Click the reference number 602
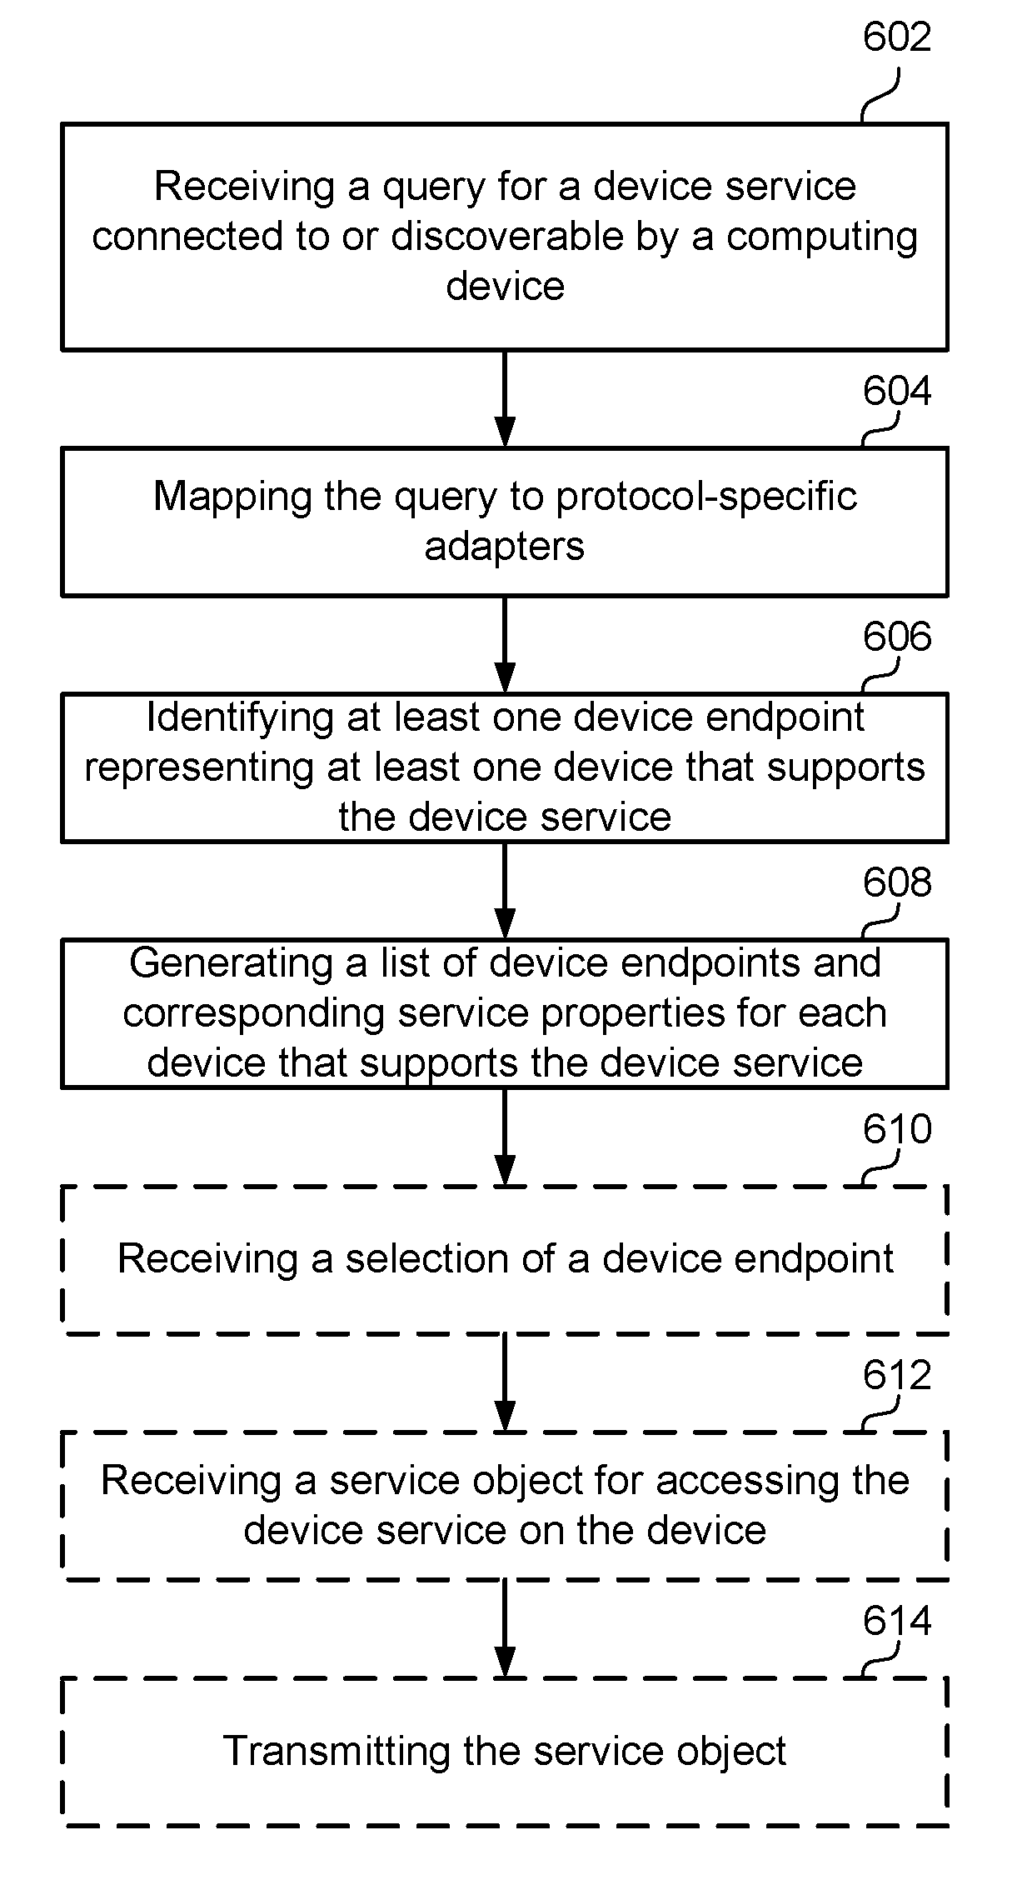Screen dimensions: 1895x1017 pyautogui.click(x=896, y=37)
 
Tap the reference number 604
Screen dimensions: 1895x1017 pyautogui.click(x=896, y=391)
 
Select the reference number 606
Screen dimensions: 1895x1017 pyautogui.click(x=896, y=637)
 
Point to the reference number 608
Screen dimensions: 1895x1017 pyautogui.click(x=896, y=882)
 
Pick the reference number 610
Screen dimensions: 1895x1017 pyautogui.click(x=896, y=1129)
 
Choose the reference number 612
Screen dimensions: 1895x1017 pyautogui.click(x=896, y=1375)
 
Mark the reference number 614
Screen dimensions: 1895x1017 pyautogui.click(x=896, y=1621)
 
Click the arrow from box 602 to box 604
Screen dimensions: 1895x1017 pyautogui.click(x=505, y=399)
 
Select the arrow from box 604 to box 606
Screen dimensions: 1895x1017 pyautogui.click(x=505, y=645)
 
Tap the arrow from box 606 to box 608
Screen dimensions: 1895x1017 pyautogui.click(x=505, y=891)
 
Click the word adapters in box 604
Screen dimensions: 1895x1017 pyautogui.click(x=505, y=547)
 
